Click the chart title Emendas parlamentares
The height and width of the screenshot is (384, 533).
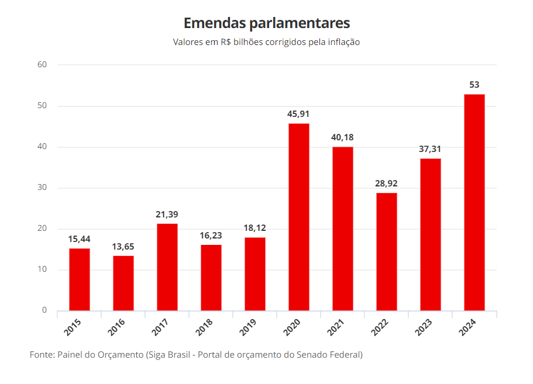click(266, 23)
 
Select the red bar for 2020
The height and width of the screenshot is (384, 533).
click(299, 217)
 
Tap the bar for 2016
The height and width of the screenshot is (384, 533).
click(123, 283)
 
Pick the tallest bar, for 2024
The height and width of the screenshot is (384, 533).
click(474, 202)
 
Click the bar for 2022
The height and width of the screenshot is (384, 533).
click(387, 251)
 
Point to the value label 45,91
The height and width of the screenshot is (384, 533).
click(298, 114)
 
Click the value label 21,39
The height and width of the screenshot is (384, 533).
click(167, 215)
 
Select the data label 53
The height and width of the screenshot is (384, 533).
click(474, 85)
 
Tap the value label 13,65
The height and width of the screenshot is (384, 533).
click(123, 247)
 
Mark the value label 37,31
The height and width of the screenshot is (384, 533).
click(430, 149)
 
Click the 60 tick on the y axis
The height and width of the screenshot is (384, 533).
click(42, 64)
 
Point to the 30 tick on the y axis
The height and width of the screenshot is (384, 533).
click(42, 188)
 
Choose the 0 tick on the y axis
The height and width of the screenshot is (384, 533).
click(44, 310)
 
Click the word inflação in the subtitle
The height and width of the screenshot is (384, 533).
click(342, 42)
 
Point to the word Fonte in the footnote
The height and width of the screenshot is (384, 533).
click(41, 355)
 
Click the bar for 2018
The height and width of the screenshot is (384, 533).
click(211, 278)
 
